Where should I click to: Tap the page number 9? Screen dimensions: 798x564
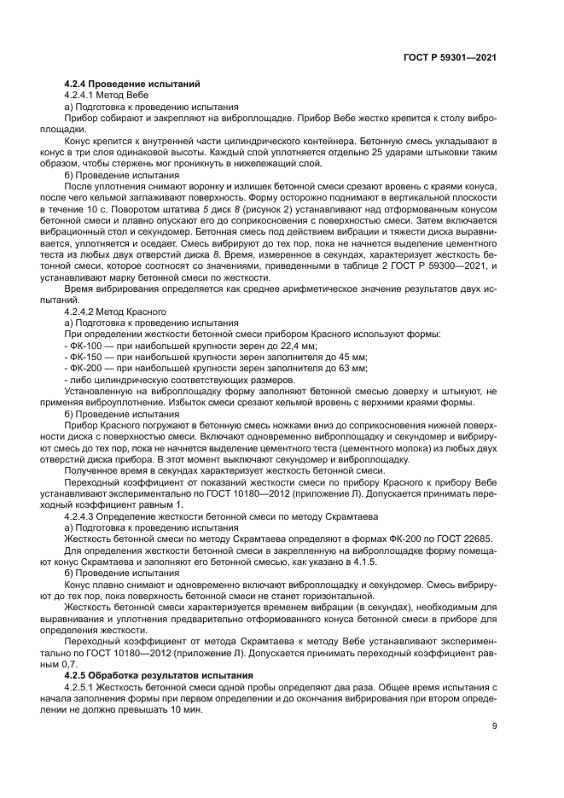click(494, 726)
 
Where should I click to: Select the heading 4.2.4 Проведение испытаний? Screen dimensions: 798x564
click(132, 84)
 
